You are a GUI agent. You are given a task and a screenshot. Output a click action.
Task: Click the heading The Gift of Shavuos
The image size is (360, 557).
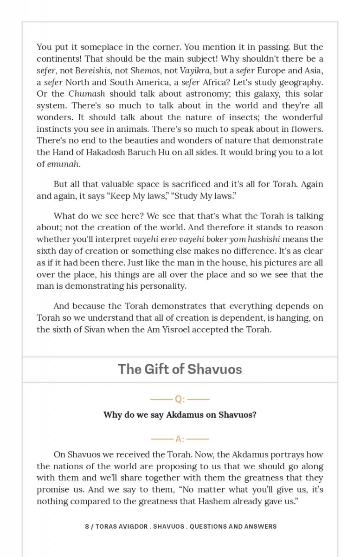[180, 369]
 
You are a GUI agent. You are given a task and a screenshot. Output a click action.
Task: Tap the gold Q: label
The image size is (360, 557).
[180, 399]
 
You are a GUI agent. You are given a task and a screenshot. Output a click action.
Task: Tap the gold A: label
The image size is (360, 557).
[180, 439]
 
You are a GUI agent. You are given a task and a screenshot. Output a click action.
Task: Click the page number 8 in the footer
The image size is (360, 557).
[87, 526]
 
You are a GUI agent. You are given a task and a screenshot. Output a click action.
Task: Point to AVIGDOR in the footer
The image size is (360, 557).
[131, 526]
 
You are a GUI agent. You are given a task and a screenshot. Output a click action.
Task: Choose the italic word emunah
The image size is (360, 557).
[63, 164]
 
